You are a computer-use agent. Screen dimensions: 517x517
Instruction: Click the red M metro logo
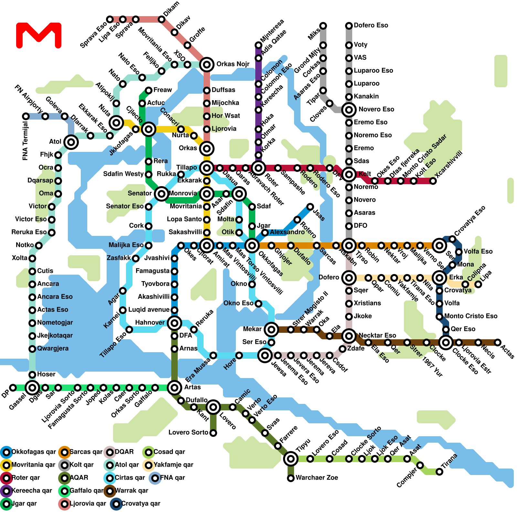point(39,35)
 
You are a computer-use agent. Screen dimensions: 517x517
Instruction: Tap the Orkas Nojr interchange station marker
point(207,65)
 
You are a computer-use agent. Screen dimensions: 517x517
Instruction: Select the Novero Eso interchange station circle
point(349,110)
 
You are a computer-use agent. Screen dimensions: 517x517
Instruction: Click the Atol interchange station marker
point(71,142)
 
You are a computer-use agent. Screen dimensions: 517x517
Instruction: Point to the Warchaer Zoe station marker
point(291,478)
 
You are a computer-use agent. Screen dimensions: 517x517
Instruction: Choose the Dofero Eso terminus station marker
point(349,26)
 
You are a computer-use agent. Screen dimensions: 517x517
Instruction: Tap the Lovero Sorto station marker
point(213,433)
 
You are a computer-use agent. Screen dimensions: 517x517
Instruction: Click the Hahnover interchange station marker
point(174,323)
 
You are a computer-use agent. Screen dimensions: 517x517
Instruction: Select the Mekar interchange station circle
point(271,330)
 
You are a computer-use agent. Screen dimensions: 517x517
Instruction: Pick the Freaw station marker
point(149,90)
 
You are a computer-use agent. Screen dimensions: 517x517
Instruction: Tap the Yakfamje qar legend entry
point(168,465)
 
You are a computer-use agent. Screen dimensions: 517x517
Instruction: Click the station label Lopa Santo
point(184,219)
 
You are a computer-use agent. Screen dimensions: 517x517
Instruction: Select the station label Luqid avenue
point(149,310)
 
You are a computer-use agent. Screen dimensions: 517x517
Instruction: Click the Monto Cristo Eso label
point(471,316)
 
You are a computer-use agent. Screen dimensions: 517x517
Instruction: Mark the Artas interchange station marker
point(174,387)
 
